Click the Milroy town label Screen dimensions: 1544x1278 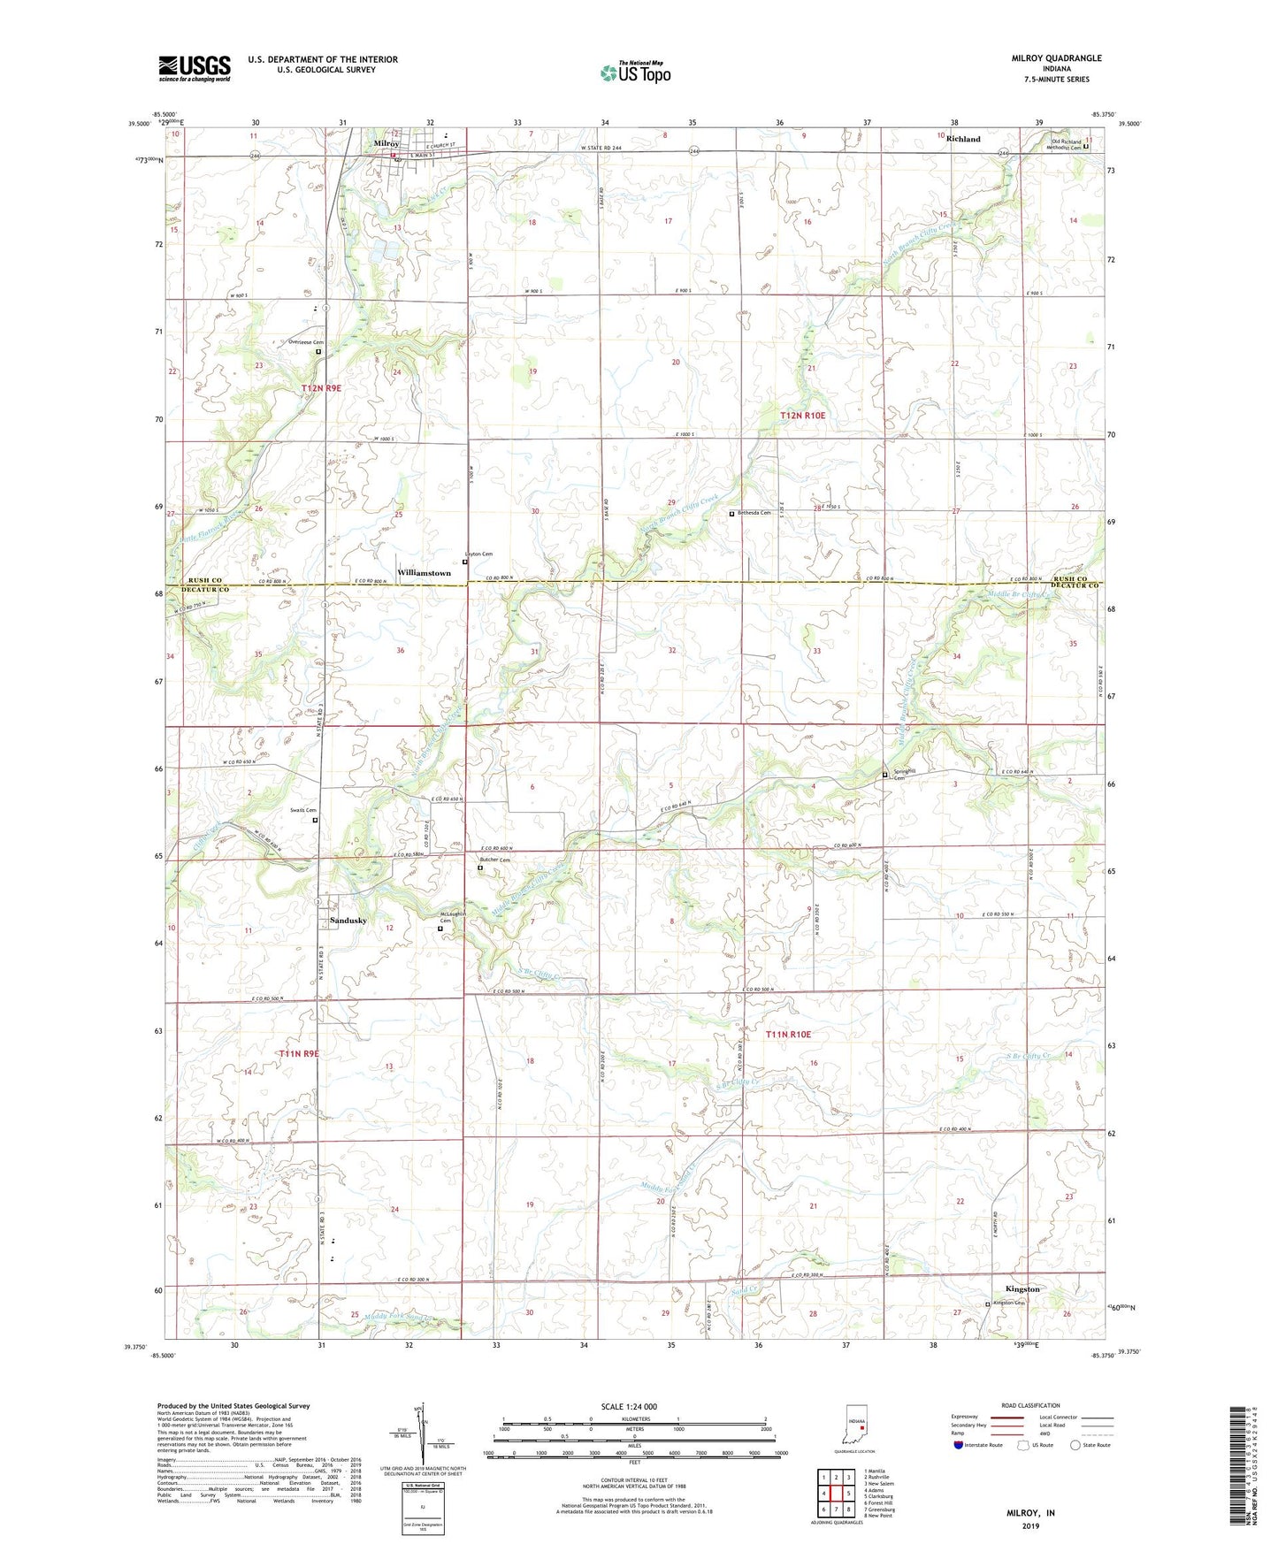click(386, 143)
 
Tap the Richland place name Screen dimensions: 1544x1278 click(963, 139)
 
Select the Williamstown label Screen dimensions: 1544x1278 click(424, 573)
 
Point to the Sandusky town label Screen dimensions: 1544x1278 click(348, 921)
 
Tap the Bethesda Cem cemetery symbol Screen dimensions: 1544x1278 click(731, 514)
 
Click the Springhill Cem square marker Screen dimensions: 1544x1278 click(885, 775)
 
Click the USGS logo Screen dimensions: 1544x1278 click(195, 68)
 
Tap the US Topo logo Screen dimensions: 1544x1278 click(634, 73)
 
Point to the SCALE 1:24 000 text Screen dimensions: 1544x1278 click(629, 1407)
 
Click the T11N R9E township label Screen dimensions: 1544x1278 click(298, 1054)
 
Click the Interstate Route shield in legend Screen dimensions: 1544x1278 click(959, 1445)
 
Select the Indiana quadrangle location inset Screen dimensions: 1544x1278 click(855, 1426)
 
